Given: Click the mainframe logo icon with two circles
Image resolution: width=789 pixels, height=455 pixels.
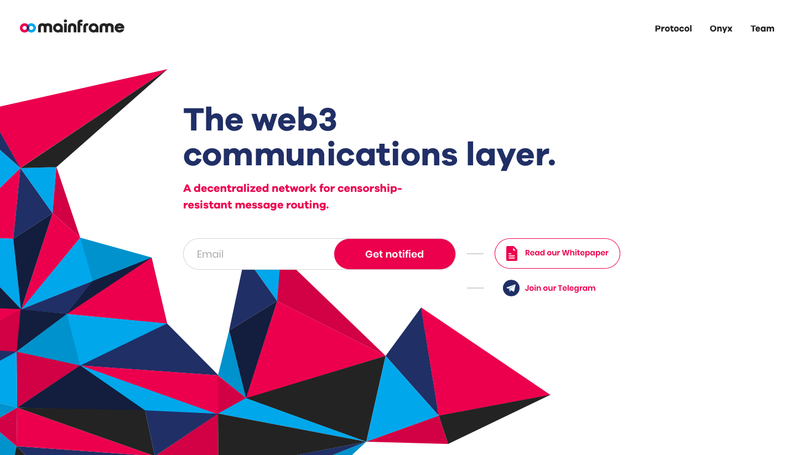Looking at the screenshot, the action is tap(28, 28).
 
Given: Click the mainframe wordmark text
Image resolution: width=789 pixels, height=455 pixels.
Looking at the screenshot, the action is tap(81, 27).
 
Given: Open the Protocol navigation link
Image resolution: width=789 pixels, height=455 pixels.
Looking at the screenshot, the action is tap(673, 29).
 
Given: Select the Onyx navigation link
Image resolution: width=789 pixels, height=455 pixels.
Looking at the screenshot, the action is tap(720, 29).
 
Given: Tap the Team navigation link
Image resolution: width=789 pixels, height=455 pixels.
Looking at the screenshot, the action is tap(762, 29).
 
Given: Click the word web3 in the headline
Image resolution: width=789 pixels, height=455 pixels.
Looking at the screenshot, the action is tap(294, 119).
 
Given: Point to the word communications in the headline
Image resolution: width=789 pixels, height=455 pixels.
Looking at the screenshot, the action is tap(320, 154).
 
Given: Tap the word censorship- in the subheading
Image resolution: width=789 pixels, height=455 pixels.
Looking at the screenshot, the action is tap(370, 189).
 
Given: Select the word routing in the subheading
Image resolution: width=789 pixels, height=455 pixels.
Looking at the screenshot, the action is tap(307, 205).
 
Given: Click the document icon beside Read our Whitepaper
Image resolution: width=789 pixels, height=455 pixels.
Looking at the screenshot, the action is tap(511, 253).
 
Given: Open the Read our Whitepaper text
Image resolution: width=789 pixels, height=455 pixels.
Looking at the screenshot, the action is tap(567, 253).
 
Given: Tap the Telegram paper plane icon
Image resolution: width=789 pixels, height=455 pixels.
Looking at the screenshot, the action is tap(511, 288).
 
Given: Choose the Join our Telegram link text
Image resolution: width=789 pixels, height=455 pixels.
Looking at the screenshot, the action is tap(560, 288).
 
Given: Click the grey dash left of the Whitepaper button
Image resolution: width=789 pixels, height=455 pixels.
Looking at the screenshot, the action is tap(475, 253).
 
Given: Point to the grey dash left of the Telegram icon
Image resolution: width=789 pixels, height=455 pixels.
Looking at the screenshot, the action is tap(475, 288).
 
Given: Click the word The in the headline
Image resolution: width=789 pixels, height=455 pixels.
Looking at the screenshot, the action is tap(214, 119).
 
